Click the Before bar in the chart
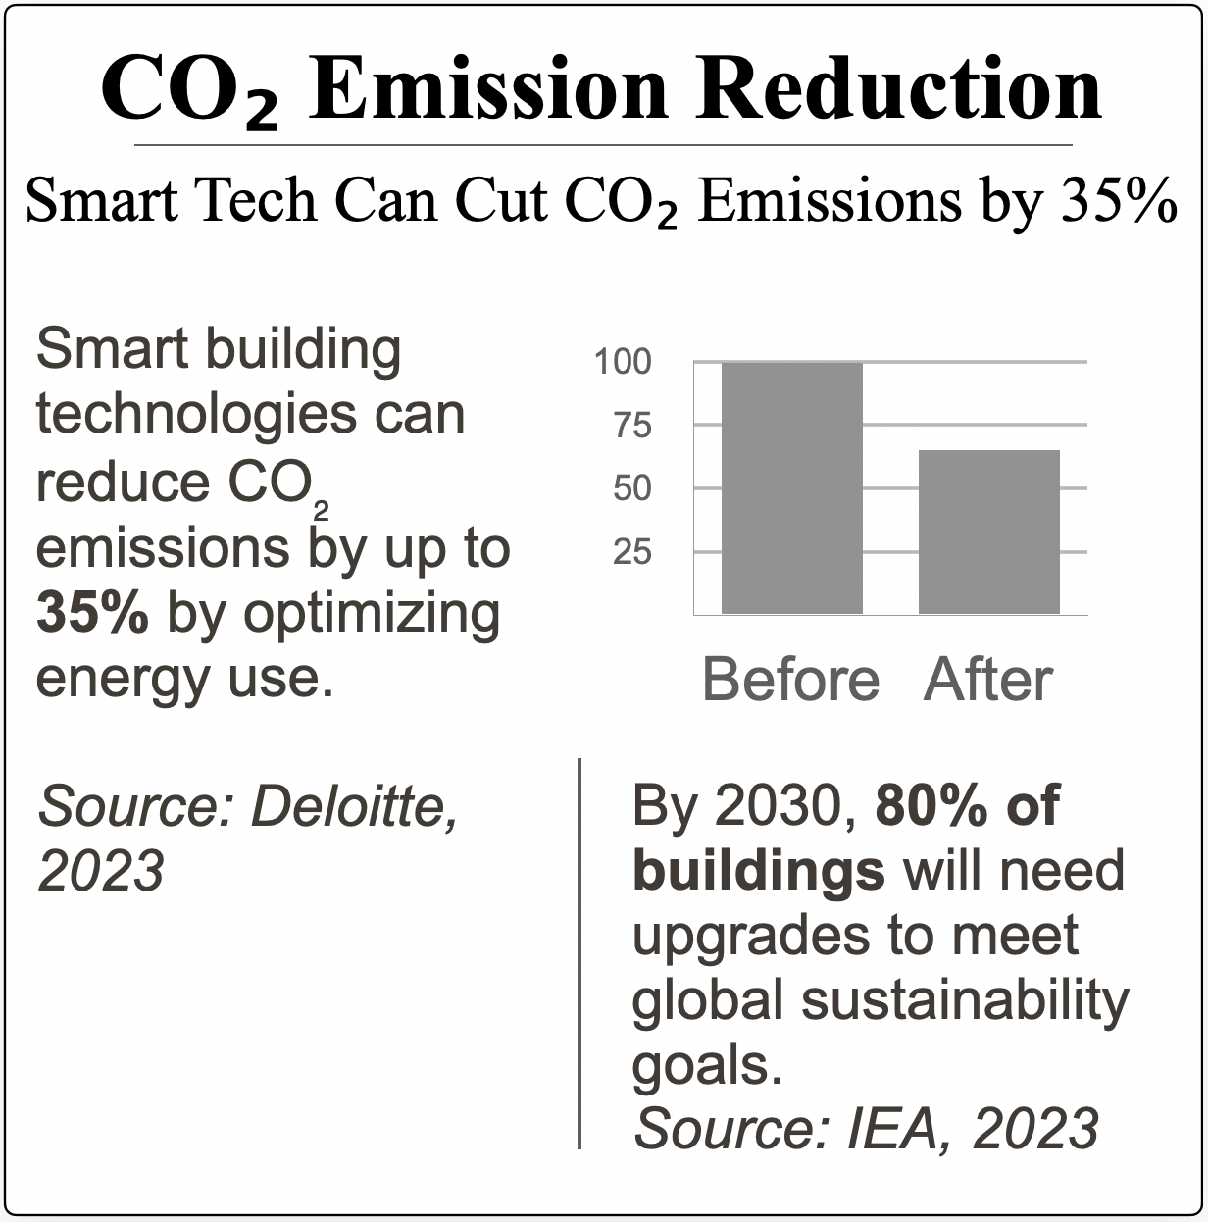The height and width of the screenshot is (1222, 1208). [791, 487]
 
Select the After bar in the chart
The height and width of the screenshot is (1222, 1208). [988, 532]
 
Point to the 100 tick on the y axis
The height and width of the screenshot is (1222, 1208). [623, 363]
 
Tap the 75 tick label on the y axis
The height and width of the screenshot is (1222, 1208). [632, 427]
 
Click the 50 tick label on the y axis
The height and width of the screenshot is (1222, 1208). [632, 488]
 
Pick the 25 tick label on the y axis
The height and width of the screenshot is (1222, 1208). [632, 552]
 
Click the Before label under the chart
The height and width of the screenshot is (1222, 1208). [790, 680]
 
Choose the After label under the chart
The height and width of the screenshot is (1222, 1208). [987, 680]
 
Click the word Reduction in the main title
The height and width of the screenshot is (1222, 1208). [901, 89]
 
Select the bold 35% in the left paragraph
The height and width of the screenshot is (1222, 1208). [93, 613]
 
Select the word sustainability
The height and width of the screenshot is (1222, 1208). [966, 1000]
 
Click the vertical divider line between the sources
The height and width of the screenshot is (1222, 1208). [579, 952]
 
